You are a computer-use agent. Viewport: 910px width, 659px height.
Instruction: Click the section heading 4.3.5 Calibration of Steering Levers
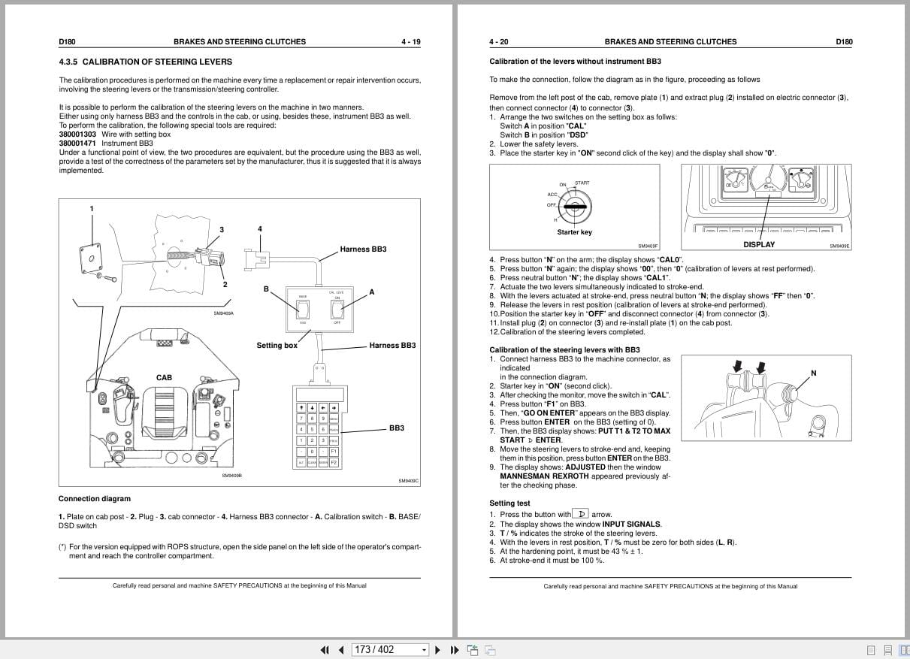(x=145, y=62)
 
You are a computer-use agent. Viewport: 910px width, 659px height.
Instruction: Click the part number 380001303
(x=77, y=135)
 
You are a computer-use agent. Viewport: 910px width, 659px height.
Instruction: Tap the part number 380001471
(x=77, y=144)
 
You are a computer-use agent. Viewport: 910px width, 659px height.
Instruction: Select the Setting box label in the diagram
(x=277, y=346)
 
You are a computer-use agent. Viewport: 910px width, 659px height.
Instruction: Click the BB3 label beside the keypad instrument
(x=396, y=428)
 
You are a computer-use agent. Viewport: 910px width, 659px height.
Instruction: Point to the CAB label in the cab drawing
(x=164, y=378)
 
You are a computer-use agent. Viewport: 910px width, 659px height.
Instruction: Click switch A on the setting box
(x=337, y=305)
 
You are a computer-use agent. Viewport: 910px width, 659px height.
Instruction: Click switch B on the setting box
(x=303, y=305)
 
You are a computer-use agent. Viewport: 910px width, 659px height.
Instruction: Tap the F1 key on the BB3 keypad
(x=334, y=451)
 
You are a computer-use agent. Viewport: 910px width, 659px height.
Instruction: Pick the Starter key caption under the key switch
(x=574, y=232)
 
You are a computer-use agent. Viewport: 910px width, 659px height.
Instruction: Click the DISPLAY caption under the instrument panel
(x=759, y=244)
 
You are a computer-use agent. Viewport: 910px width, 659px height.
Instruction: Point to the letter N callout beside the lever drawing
(x=813, y=373)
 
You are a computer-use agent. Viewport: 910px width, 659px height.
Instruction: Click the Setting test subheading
(x=509, y=503)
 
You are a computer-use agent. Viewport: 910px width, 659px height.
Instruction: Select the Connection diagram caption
(x=95, y=499)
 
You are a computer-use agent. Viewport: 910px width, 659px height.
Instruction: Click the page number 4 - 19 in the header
(x=410, y=42)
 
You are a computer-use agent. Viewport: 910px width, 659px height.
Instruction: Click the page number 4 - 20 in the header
(x=499, y=42)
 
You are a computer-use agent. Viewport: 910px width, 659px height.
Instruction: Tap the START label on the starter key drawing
(x=582, y=183)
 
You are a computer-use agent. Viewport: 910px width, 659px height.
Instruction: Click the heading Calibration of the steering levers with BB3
(x=564, y=350)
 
